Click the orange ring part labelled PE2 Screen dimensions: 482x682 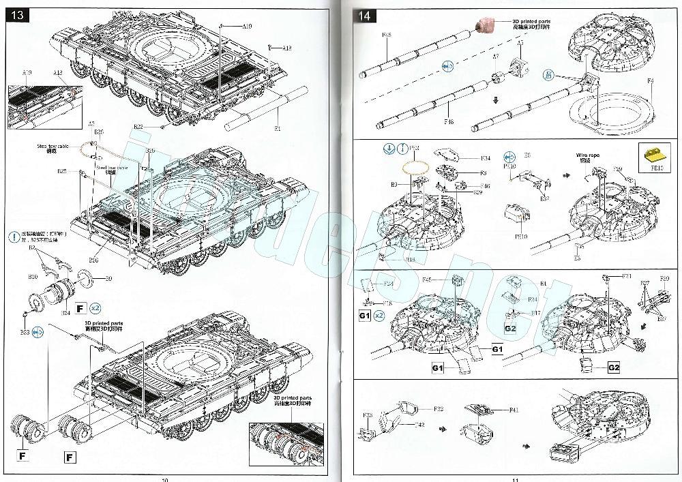[x=416, y=166]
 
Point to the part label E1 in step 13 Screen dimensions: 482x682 [x=277, y=128]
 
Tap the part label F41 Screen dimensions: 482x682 [x=514, y=410]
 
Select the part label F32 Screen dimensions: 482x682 [x=439, y=409]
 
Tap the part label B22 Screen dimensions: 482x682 [x=138, y=126]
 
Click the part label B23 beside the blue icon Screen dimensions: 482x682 [x=25, y=332]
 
